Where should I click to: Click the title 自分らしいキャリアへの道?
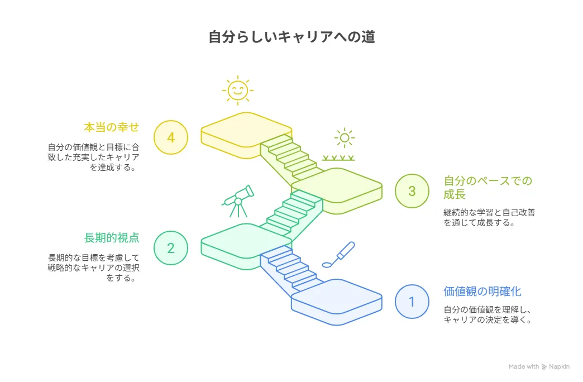[x=291, y=37]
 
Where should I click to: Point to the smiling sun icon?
[x=238, y=90]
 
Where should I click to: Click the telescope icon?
[x=238, y=201]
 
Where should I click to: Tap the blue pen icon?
[x=339, y=255]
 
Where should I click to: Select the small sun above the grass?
[x=345, y=138]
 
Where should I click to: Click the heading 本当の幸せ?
[x=112, y=127]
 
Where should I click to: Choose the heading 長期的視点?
[x=112, y=238]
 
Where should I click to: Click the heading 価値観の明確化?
[x=482, y=291]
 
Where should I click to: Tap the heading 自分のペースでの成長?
[x=488, y=188]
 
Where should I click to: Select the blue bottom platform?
[x=337, y=302]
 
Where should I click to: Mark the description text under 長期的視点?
[x=94, y=268]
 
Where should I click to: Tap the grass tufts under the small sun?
[x=338, y=158]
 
